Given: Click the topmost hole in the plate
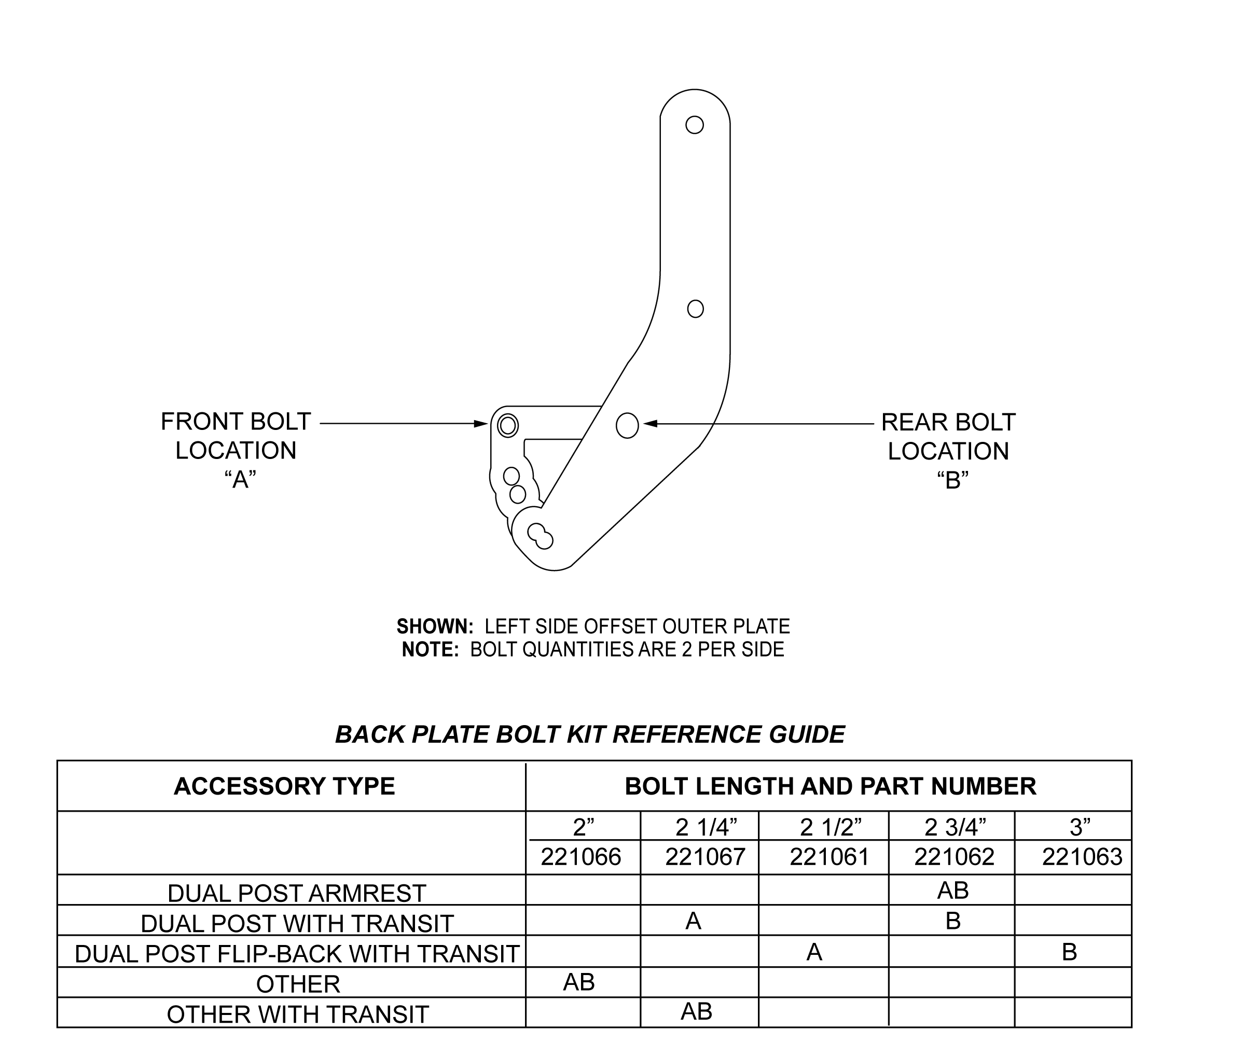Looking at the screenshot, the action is (694, 124).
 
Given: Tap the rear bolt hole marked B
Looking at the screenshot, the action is (627, 425).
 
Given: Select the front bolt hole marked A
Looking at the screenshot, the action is (507, 425).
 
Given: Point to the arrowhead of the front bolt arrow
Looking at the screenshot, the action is (480, 424).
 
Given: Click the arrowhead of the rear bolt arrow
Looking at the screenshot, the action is (651, 424).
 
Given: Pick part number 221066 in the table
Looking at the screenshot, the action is (580, 857).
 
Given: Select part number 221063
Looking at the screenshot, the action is (1082, 857).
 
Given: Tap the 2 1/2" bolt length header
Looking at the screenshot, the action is (830, 827).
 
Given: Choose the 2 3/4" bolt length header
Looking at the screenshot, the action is (955, 827).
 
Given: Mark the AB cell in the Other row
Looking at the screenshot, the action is (579, 982).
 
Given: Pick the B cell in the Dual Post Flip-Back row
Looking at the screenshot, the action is (1069, 952).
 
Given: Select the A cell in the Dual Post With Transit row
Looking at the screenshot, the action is (693, 921).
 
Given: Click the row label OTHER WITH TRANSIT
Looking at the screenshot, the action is (298, 1015).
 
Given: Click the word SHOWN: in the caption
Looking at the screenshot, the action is (435, 627).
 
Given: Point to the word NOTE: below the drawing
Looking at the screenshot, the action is (430, 649).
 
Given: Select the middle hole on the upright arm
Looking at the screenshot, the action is (695, 309).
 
